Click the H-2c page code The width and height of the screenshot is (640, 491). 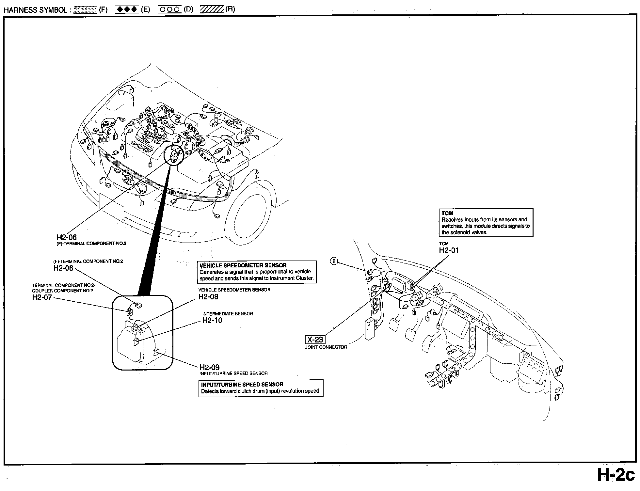tap(616, 475)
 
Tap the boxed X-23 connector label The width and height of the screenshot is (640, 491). tap(315, 340)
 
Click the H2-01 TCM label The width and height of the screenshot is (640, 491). tap(449, 250)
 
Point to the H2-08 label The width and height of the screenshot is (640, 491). tap(208, 297)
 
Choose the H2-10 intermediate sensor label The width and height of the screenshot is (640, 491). tap(212, 320)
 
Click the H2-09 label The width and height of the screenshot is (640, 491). tap(210, 367)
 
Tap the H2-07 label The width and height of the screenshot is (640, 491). tap(42, 297)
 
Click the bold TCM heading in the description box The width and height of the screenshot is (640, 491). tap(447, 213)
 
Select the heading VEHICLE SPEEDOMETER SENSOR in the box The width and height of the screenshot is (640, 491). tap(243, 265)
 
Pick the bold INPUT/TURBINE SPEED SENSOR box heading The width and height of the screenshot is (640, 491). tap(242, 385)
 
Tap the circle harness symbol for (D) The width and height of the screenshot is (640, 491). tap(169, 9)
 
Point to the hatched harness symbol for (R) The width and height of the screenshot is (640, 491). tap(212, 9)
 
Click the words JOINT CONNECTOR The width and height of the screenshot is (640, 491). tap(326, 347)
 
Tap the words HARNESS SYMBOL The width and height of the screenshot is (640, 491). tap(35, 10)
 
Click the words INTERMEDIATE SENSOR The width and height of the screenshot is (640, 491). tap(228, 314)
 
